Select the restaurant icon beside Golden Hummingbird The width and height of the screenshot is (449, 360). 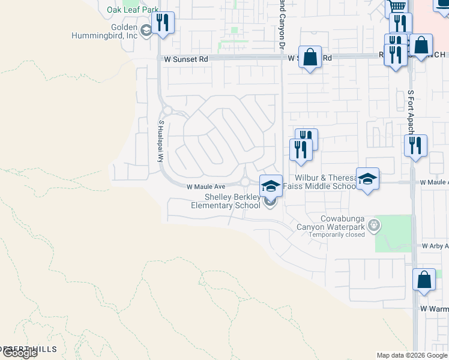tap(163, 23)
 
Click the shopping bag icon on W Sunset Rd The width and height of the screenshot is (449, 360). tap(310, 58)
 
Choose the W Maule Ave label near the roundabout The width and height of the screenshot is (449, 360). tap(205, 187)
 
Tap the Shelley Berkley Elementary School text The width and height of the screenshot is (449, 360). tap(225, 202)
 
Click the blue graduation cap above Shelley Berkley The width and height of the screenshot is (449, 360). tap(271, 185)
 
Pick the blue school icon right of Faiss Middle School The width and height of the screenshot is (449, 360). tap(368, 179)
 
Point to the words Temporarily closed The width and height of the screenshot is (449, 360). tap(337, 235)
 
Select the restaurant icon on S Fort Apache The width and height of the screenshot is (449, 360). tap(415, 146)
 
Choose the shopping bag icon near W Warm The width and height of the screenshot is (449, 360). tap(424, 280)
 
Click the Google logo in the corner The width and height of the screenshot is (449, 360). tap(19, 353)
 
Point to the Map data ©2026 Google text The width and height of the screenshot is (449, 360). tap(412, 355)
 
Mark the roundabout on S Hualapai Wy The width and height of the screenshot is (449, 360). tap(167, 110)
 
